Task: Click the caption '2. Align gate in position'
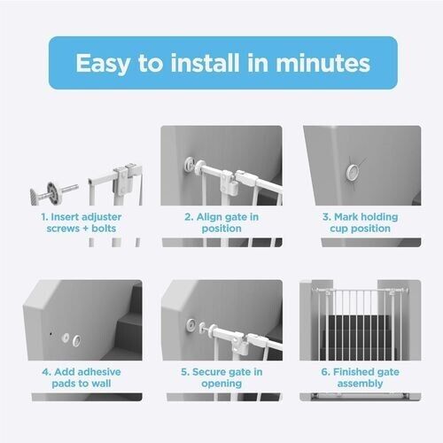[x=221, y=222]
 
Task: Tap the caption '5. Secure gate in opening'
[x=221, y=377]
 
